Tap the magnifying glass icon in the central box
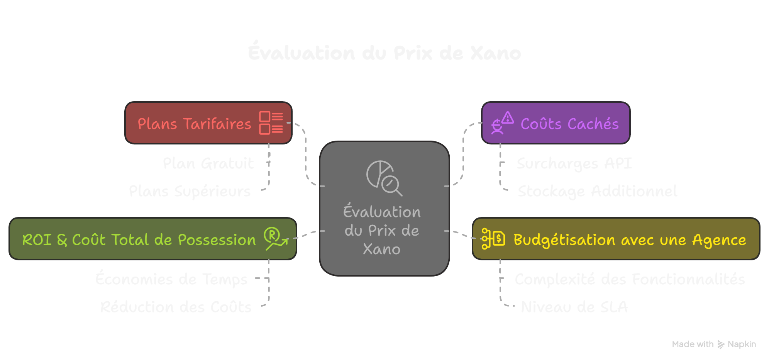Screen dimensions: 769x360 (x=391, y=185)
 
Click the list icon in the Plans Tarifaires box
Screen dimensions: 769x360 (x=271, y=123)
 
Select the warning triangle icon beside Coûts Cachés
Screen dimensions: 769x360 (x=508, y=118)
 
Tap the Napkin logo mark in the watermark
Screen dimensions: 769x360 (x=721, y=344)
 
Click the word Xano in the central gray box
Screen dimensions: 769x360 (x=381, y=249)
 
